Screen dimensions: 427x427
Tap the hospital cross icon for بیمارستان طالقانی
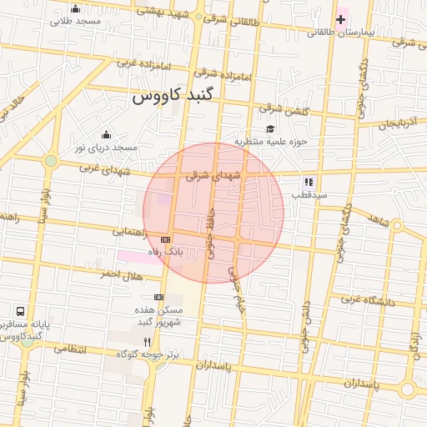[x=340, y=18]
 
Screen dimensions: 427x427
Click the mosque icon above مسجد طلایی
[x=76, y=9]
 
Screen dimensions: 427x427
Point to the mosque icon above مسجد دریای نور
[x=106, y=134]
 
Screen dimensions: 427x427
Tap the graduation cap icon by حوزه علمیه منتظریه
[x=270, y=128]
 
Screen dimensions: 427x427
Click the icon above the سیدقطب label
[x=308, y=181]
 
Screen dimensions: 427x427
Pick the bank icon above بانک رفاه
[x=164, y=239]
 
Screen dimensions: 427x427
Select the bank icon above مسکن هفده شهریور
[x=158, y=297]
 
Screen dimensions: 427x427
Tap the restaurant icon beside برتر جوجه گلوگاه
[x=148, y=342]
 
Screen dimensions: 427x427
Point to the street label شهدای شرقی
[x=213, y=175]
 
